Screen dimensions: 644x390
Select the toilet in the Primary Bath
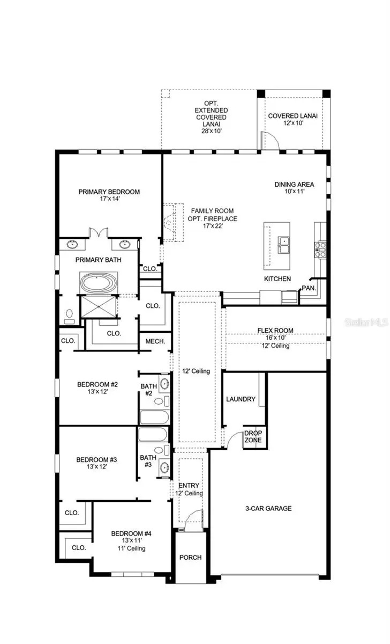[69, 317]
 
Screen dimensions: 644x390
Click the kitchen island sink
[283, 245]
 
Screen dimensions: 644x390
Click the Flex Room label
[275, 334]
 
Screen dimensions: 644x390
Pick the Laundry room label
[241, 399]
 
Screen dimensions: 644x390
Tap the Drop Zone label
[253, 436]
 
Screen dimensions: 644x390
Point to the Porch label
[190, 558]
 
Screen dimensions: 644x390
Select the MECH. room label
[155, 341]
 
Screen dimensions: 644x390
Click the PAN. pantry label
[309, 288]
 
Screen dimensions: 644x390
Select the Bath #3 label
[147, 461]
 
